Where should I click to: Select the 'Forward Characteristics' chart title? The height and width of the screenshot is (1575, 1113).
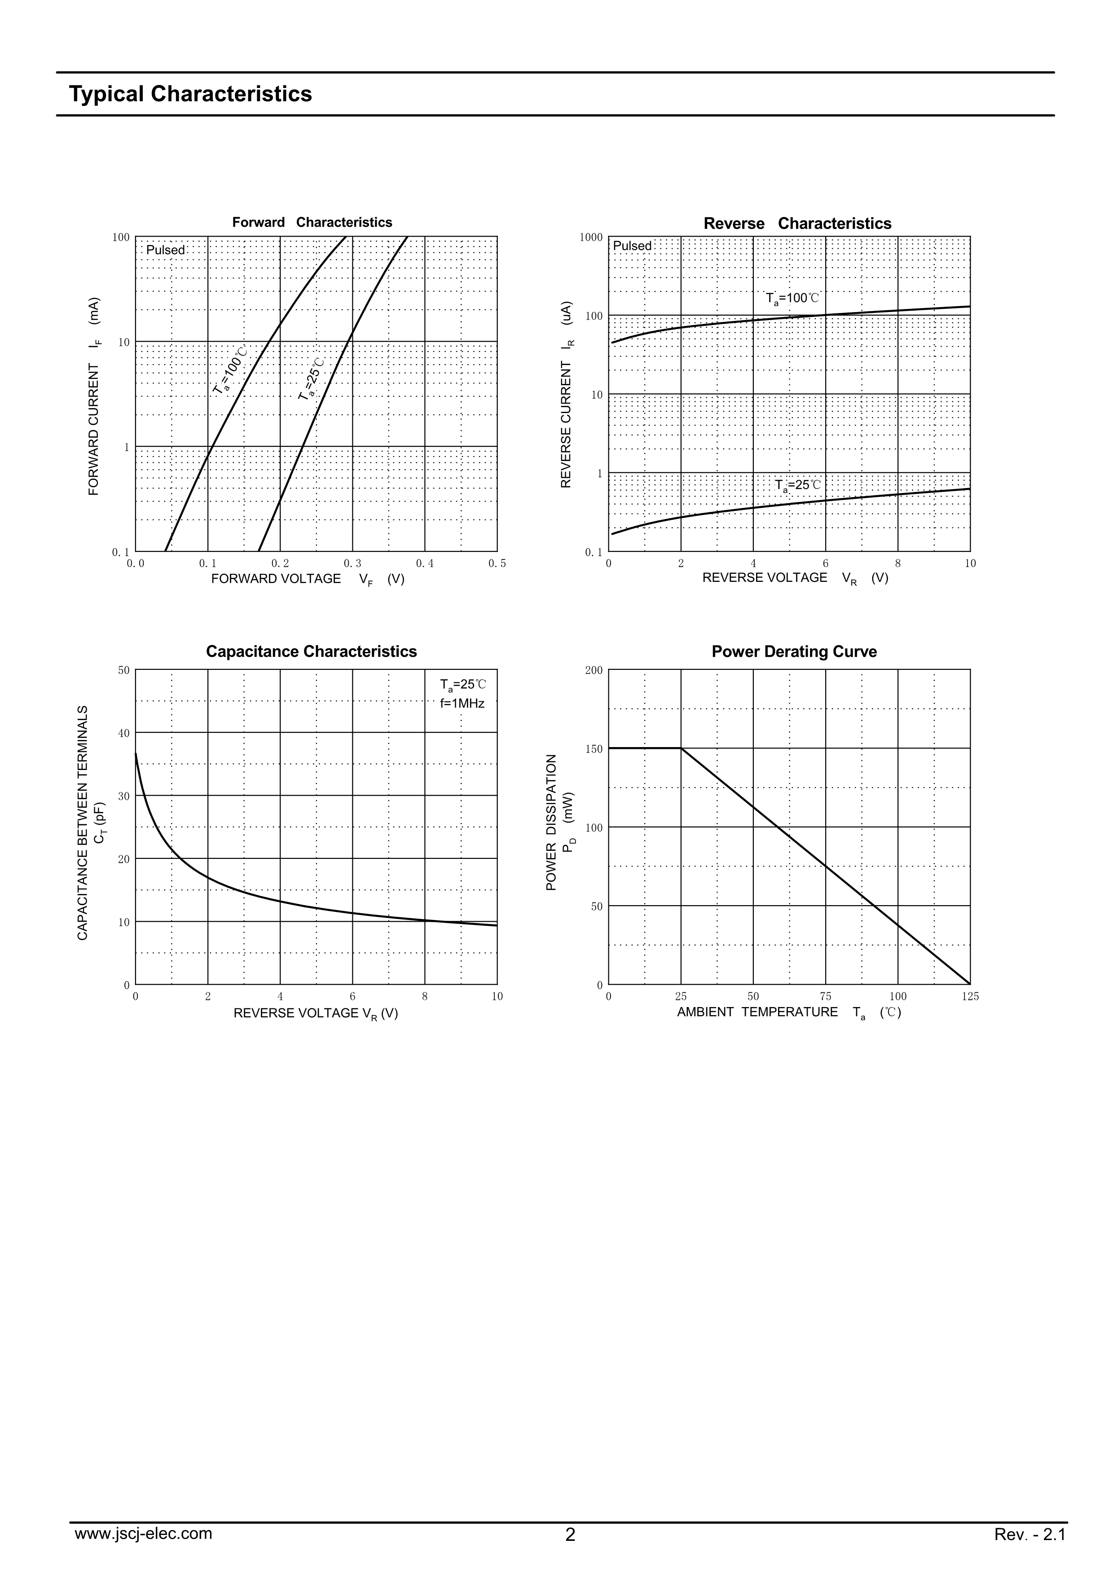pyautogui.click(x=312, y=222)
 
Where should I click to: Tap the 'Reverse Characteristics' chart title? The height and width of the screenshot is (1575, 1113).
pyautogui.click(x=797, y=224)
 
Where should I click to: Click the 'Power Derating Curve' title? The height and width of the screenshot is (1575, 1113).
pyautogui.click(x=794, y=651)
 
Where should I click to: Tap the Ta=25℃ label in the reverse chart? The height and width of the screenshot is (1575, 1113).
pyautogui.click(x=797, y=486)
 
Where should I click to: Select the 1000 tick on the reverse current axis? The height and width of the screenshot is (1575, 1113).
pyautogui.click(x=591, y=238)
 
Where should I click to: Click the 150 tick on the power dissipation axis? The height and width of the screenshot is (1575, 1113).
pyautogui.click(x=594, y=749)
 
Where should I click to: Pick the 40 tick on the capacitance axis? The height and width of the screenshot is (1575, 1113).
pyautogui.click(x=123, y=733)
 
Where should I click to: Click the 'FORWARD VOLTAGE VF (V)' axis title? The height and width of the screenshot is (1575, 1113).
pyautogui.click(x=307, y=580)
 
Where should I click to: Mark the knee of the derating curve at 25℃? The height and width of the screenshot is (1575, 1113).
pyautogui.click(x=681, y=748)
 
